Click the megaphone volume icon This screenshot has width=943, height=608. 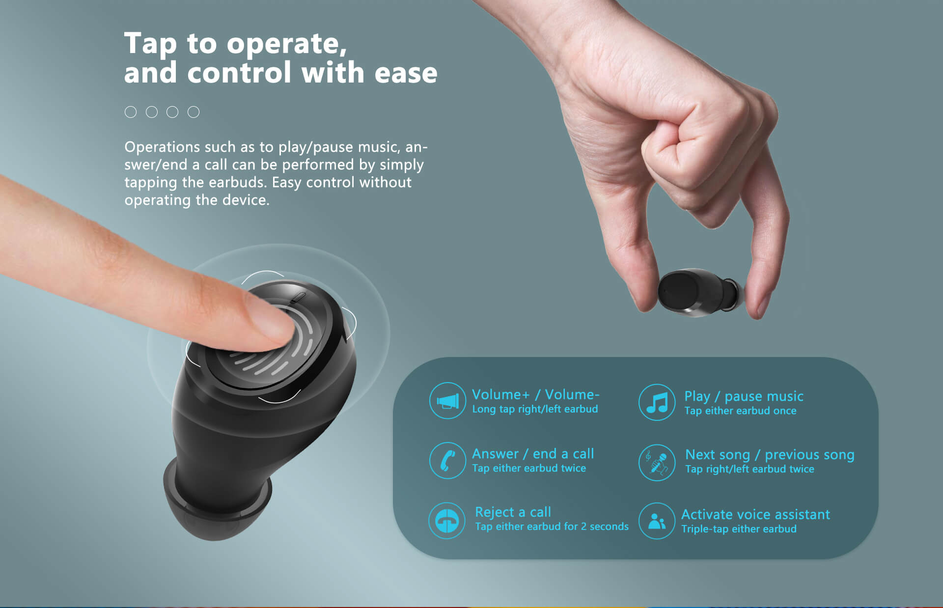click(x=447, y=401)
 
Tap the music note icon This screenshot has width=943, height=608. click(x=657, y=402)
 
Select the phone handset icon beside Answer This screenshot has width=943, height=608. click(x=447, y=460)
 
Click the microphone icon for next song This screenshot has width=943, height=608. click(x=657, y=462)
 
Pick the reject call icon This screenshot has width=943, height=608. click(x=446, y=521)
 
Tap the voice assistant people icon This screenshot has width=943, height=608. click(x=657, y=521)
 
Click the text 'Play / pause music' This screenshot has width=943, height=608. click(x=744, y=396)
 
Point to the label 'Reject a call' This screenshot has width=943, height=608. click(x=513, y=512)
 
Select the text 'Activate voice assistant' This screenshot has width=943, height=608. click(x=755, y=514)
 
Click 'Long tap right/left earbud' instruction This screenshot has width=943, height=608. click(x=535, y=409)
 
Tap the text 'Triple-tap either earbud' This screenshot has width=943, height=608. click(x=739, y=529)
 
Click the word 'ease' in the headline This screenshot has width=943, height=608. click(x=406, y=73)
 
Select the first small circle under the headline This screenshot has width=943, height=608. click(x=131, y=112)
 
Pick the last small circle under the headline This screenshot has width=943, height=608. click(x=194, y=112)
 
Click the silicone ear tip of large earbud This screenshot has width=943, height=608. click(x=216, y=501)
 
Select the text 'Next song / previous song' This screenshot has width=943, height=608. click(x=770, y=455)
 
